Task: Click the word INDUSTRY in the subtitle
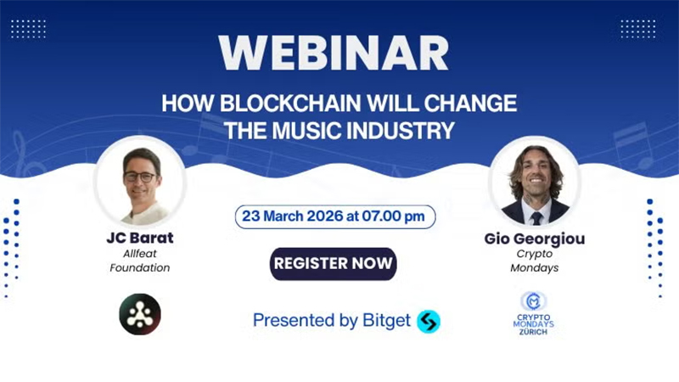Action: (x=407, y=130)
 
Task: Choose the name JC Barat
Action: (x=139, y=239)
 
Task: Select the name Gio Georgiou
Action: (x=535, y=239)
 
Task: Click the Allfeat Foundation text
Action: (x=139, y=261)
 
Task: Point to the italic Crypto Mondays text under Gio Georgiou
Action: (x=535, y=261)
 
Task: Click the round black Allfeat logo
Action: (x=139, y=314)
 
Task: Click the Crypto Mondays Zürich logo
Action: (x=534, y=312)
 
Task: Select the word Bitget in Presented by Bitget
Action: (x=387, y=320)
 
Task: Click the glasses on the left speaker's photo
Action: (x=139, y=177)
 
